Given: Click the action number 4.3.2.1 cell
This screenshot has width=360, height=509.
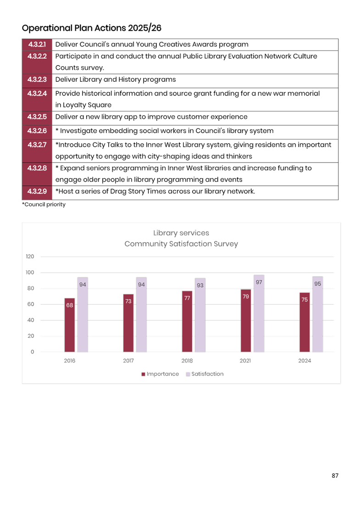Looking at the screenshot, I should tap(37, 45).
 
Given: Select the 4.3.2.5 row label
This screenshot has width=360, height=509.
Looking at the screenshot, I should tap(37, 117).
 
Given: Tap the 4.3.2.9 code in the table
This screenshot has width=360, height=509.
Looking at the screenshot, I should tap(37, 191).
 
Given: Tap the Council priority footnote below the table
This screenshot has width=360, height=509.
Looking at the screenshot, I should tap(44, 205).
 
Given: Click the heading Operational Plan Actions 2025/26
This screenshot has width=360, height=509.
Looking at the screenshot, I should tap(92, 28).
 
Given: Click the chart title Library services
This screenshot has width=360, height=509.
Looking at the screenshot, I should tap(181, 233).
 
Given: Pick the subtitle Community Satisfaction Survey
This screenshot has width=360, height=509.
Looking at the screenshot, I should tap(181, 244).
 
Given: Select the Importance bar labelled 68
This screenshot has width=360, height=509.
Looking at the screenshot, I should tap(69, 325).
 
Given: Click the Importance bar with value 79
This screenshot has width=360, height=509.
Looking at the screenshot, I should tap(246, 320).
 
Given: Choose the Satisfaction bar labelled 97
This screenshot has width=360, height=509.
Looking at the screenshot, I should tap(259, 313).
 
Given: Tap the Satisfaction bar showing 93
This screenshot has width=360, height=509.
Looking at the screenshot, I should tap(200, 315).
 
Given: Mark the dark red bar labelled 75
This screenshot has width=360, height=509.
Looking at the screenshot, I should tap(305, 322).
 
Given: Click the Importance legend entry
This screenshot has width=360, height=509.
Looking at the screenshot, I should tap(160, 374).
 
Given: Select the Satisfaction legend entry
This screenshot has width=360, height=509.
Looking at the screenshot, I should tap(205, 374).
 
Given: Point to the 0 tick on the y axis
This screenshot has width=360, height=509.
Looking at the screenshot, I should tap(33, 352).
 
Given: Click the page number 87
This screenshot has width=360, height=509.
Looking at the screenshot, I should tap(335, 476).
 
